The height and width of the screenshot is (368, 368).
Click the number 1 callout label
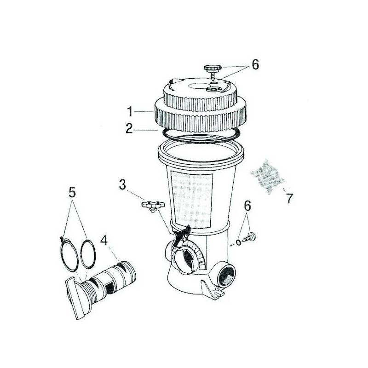pyautogui.click(x=131, y=111)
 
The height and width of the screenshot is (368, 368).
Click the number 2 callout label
pyautogui.click(x=131, y=129)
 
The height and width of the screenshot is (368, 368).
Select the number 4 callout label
pyautogui.click(x=103, y=240)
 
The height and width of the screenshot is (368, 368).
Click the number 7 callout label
pyautogui.click(x=289, y=199)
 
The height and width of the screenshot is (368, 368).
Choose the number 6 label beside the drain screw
pyautogui.click(x=247, y=207)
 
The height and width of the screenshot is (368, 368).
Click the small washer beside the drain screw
pyautogui.click(x=238, y=242)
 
